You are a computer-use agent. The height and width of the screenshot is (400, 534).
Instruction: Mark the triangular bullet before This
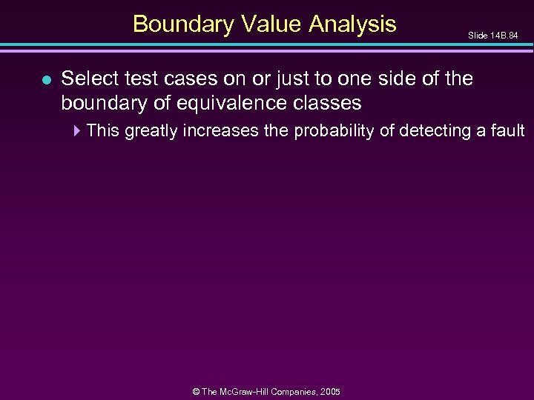tap(79, 132)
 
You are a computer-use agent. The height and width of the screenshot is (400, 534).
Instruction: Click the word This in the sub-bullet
tap(104, 132)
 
